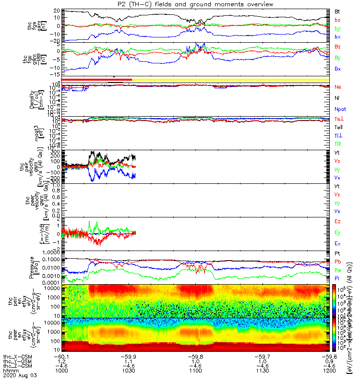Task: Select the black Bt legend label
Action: pyautogui.click(x=337, y=11)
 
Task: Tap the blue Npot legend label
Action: pyautogui.click(x=340, y=110)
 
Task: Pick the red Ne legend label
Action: pyautogui.click(x=338, y=87)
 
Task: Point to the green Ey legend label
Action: pyautogui.click(x=337, y=232)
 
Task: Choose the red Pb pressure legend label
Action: pyautogui.click(x=338, y=262)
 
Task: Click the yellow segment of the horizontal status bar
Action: pyautogui.click(x=230, y=79)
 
